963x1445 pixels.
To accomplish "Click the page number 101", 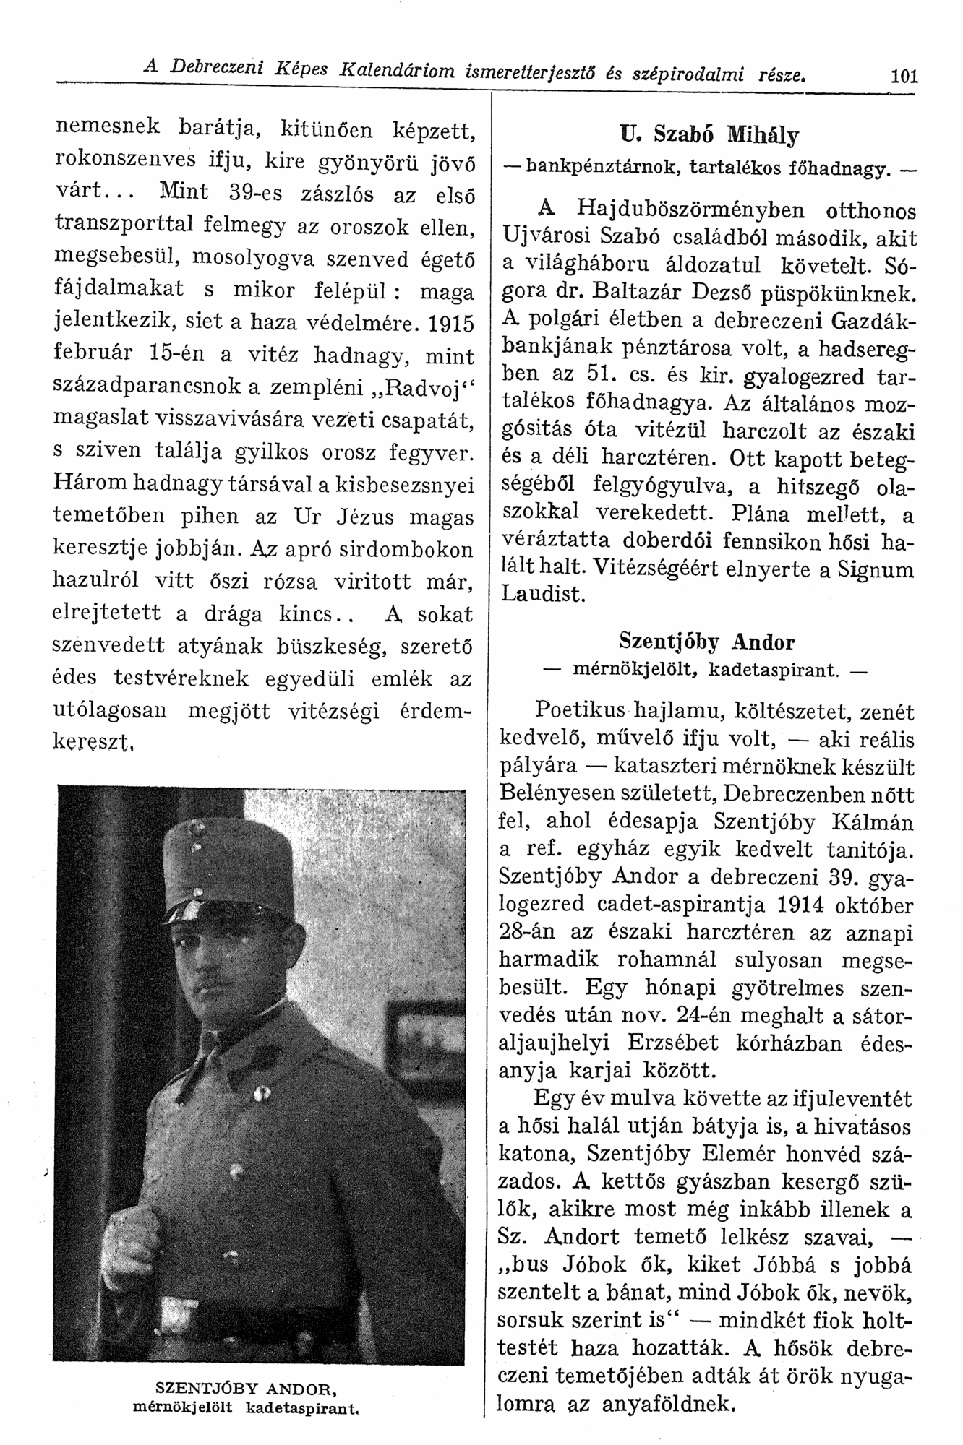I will click(x=904, y=75).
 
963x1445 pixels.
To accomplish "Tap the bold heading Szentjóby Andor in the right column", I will click(x=706, y=642).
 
